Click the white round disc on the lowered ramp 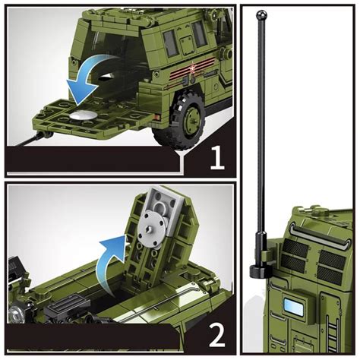(85, 115)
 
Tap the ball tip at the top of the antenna (262, 13)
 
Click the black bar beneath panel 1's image (91, 160)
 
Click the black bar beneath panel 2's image (91, 336)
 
